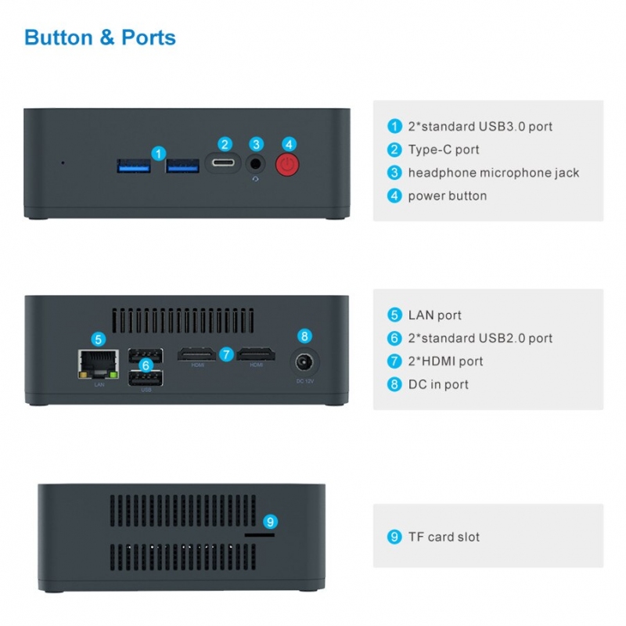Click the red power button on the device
point(287,164)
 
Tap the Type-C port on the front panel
point(223,163)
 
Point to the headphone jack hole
point(255,164)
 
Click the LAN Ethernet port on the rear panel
point(99,364)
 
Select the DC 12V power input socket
point(304,363)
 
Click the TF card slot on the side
point(260,535)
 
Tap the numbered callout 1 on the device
point(159,153)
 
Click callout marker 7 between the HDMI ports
point(226,354)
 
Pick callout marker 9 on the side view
point(270,521)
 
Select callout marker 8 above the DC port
point(304,336)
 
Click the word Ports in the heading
point(149,38)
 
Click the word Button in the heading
point(59,38)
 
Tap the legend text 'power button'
point(448,196)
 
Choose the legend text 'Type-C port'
point(444,149)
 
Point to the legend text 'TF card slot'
point(444,537)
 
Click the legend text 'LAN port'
point(435,315)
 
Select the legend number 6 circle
point(394,339)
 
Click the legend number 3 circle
point(394,173)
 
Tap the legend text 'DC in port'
point(438,385)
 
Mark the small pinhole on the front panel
point(63,163)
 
